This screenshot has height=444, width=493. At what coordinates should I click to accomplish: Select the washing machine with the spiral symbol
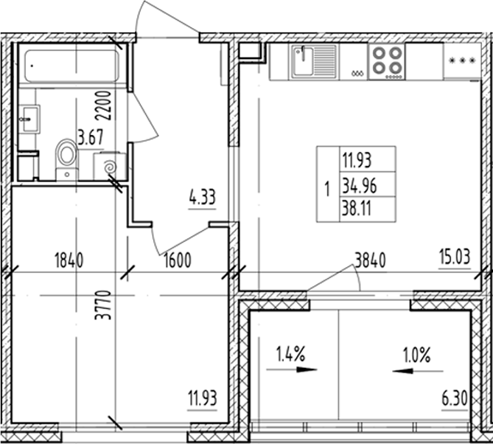pyautogui.click(x=109, y=166)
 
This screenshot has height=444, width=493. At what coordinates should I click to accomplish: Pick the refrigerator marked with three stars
pyautogui.click(x=461, y=62)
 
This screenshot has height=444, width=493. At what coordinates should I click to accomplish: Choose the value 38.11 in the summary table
pyautogui.click(x=357, y=209)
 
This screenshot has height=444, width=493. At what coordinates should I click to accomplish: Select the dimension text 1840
pyautogui.click(x=69, y=260)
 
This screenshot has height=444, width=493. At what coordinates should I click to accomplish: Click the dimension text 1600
pyautogui.click(x=177, y=260)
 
